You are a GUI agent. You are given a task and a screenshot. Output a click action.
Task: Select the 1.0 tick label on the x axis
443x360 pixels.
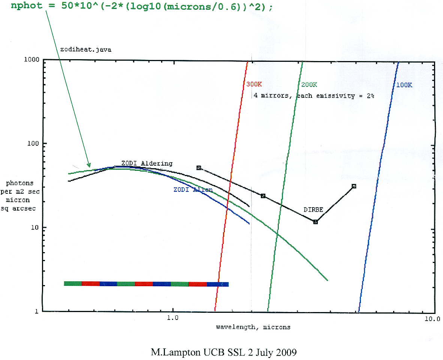(x=172, y=320)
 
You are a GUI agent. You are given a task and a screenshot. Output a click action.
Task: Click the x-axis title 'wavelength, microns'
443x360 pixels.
(x=253, y=327)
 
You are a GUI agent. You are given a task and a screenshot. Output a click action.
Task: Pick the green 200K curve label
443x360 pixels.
(x=308, y=85)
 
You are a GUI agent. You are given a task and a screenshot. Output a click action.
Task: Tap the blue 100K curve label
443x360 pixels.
(x=404, y=85)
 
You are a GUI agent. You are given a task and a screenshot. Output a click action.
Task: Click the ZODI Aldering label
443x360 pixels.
(x=147, y=163)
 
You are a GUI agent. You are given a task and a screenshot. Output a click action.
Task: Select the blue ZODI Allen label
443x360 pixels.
(x=193, y=190)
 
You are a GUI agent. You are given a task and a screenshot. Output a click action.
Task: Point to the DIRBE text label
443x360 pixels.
(x=313, y=210)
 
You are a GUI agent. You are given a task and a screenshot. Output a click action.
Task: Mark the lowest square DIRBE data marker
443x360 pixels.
(x=316, y=222)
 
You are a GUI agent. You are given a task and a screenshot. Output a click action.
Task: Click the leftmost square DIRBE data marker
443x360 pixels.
(x=199, y=168)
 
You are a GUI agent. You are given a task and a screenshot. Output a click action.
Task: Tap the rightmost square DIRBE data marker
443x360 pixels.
(x=354, y=186)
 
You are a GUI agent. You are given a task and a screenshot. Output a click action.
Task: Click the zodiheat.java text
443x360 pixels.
(x=86, y=49)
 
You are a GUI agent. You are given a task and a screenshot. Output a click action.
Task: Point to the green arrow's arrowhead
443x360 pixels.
(x=89, y=165)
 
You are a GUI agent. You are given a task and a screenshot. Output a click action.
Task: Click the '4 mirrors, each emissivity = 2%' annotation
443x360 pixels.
(x=314, y=96)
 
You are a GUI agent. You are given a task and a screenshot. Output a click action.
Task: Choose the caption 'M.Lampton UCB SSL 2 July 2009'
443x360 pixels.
(x=224, y=353)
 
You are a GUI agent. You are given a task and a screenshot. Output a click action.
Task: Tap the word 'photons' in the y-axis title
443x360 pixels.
(x=19, y=183)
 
